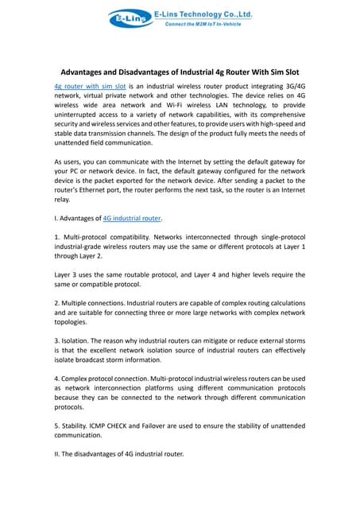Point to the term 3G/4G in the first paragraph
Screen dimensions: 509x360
click(x=291, y=84)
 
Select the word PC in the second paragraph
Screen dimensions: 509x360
click(x=78, y=173)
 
